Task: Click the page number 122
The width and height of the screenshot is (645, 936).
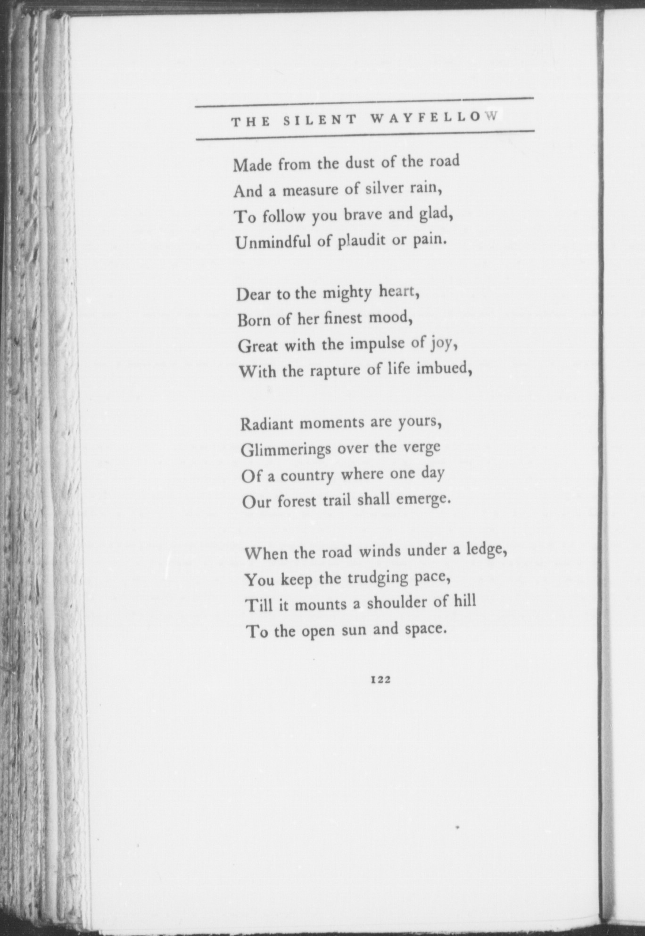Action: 380,680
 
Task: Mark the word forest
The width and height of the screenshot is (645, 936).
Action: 297,501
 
